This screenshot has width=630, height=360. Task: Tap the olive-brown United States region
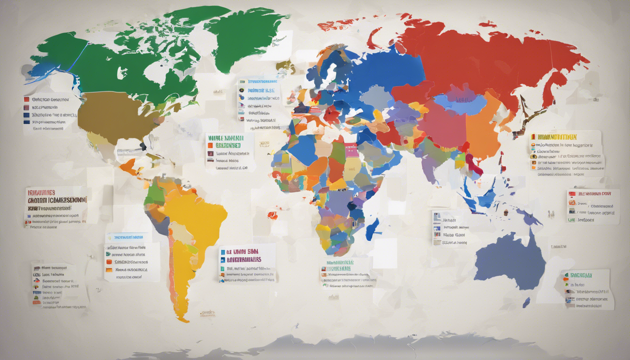click(110, 117)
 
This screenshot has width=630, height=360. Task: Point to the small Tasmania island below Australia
click(526, 302)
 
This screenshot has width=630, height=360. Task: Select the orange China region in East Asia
click(483, 127)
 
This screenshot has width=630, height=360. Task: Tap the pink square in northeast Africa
click(351, 150)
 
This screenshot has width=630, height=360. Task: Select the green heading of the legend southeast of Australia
click(581, 276)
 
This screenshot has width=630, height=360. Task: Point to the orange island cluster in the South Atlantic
click(272, 215)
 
